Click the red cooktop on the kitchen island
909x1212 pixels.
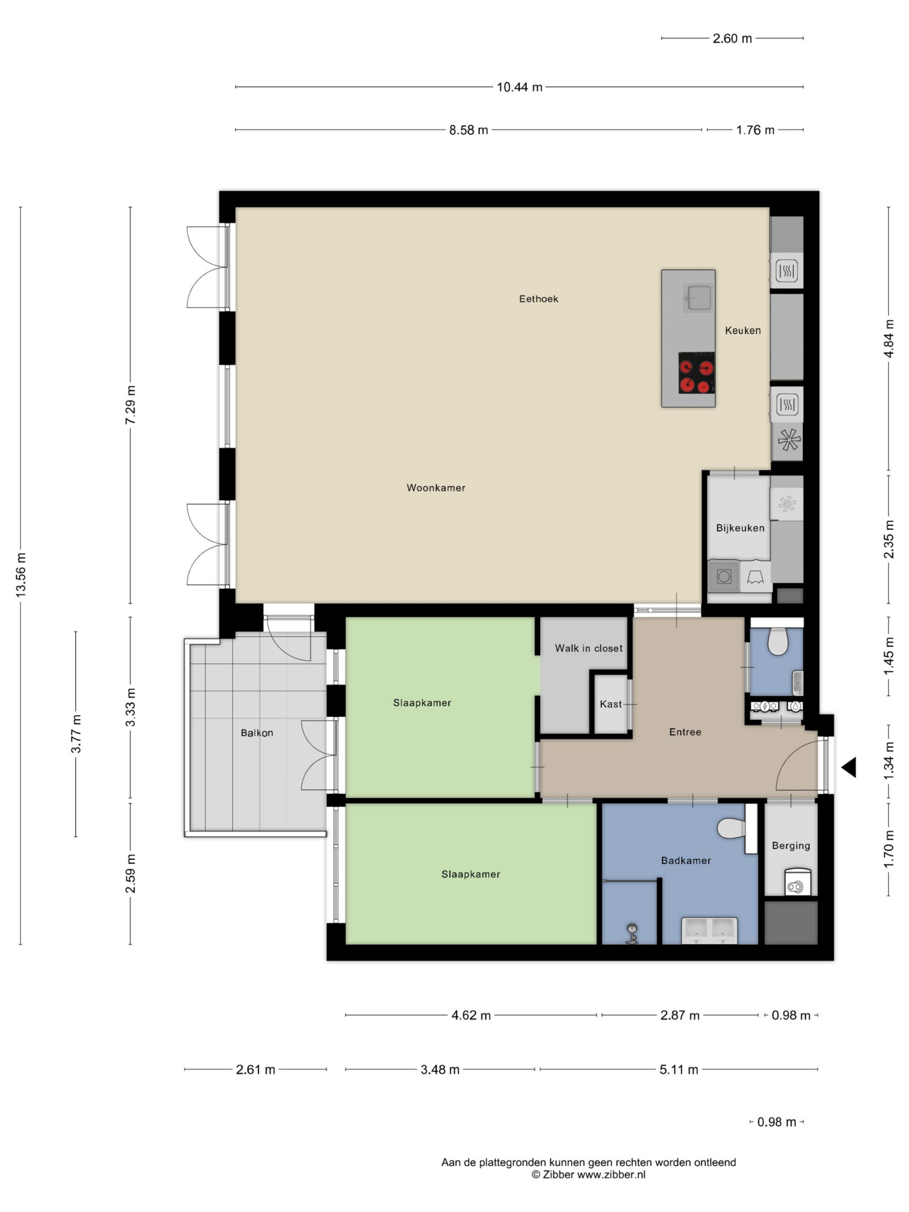[x=696, y=373]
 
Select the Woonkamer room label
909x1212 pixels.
[x=436, y=488]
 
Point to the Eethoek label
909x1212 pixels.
[x=539, y=299]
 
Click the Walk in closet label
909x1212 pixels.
[x=588, y=648]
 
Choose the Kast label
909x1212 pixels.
[x=610, y=704]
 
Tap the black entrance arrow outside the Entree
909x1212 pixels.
[x=849, y=767]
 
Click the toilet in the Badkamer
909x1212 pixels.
[x=731, y=829]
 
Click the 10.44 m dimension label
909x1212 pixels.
[x=519, y=87]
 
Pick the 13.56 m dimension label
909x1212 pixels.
[x=21, y=575]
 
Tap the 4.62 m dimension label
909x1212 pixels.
[x=471, y=1016]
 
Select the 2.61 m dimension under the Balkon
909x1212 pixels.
[x=255, y=1069]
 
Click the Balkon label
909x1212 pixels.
[x=257, y=733]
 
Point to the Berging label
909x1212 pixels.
[x=791, y=846]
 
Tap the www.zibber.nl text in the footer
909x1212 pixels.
[x=612, y=1175]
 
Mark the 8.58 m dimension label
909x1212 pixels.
[x=469, y=130]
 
